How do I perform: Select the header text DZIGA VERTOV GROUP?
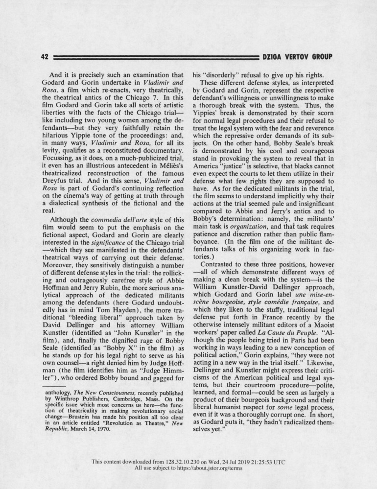[x=297, y=56]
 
